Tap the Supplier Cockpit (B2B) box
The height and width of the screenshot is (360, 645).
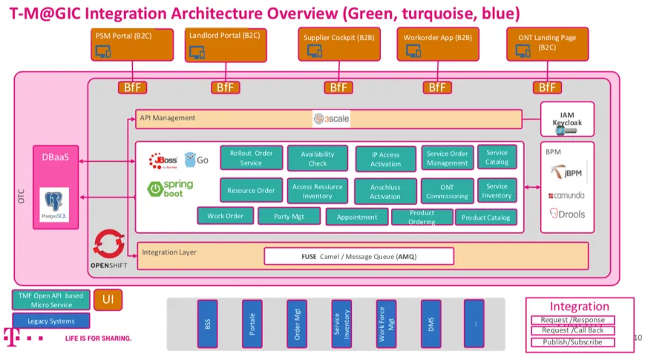coord(340,45)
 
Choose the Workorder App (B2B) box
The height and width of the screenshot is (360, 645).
coord(437,45)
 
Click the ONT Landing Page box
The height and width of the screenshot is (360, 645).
coord(547,45)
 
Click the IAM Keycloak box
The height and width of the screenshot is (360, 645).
coord(567,120)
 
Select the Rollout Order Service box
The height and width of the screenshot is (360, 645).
coord(251,157)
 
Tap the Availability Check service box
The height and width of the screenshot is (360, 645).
coord(318,158)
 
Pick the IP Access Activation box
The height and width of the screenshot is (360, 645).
coord(385,159)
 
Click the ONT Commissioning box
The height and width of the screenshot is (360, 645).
coord(447,191)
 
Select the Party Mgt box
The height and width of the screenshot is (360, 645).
coord(289,216)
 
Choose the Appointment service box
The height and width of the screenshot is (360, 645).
coord(357,217)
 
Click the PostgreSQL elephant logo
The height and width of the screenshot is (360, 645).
coord(55,205)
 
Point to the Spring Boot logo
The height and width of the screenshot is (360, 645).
coord(171,189)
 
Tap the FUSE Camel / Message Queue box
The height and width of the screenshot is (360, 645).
coord(358,256)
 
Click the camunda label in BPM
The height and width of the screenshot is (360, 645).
coord(567,195)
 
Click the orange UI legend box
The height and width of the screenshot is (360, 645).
coord(108,299)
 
